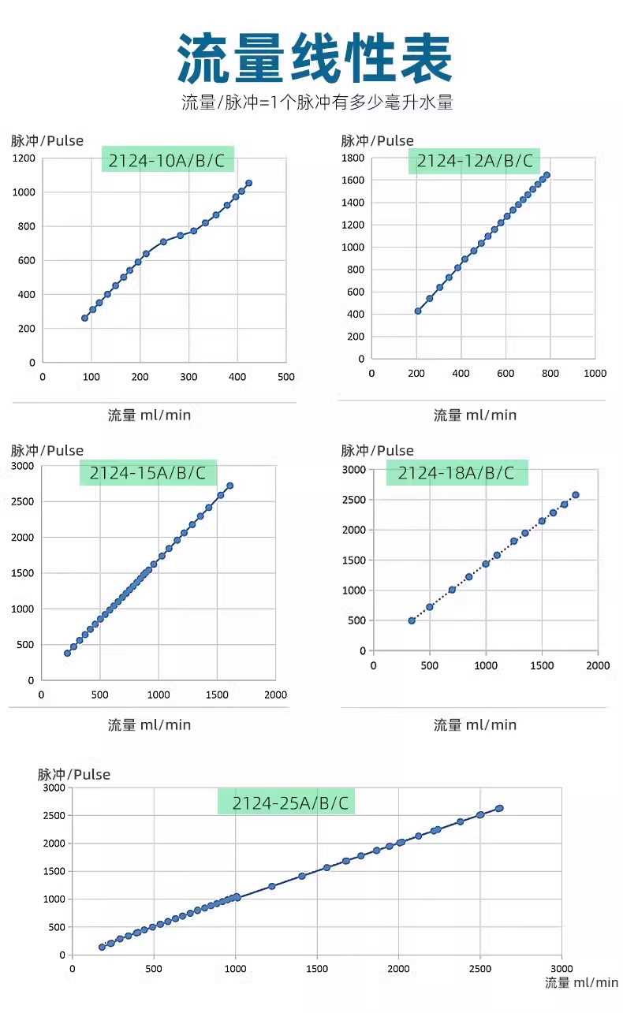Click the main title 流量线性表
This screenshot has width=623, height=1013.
point(315,58)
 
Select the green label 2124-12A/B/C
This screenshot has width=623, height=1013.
point(474,161)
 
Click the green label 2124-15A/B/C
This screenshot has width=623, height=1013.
point(147,473)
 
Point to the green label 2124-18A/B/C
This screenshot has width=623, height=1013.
point(456,473)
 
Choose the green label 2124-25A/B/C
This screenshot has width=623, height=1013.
point(285,803)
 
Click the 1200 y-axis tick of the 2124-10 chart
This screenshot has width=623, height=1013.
point(24,158)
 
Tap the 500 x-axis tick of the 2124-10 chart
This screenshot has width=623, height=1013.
point(285,377)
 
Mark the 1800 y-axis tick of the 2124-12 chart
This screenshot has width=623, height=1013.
point(353,158)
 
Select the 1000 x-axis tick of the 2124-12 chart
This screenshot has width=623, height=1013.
point(595,374)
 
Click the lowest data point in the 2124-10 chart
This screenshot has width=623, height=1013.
point(84,318)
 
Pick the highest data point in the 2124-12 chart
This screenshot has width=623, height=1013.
point(547,175)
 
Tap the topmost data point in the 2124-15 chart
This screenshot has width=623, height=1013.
point(229,486)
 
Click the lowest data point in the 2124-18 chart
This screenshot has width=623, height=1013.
point(412,620)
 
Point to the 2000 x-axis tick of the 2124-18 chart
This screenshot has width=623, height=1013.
point(598,666)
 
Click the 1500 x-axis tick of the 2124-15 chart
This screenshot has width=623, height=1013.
point(217,695)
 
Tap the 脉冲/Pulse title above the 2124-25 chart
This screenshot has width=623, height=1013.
point(74,774)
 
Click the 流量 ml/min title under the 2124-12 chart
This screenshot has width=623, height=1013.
point(475,415)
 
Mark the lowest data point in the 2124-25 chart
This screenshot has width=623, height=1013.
point(102,947)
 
